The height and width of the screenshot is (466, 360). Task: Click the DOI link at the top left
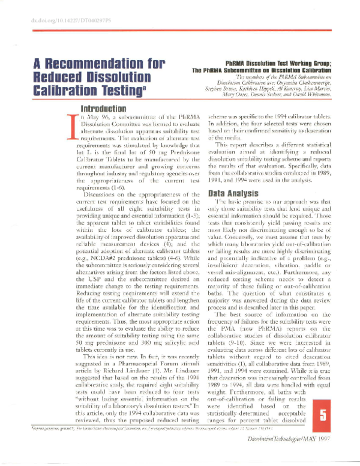click(x=60, y=21)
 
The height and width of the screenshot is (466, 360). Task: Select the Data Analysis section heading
click(x=233, y=194)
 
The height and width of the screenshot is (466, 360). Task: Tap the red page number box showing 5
click(x=323, y=414)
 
